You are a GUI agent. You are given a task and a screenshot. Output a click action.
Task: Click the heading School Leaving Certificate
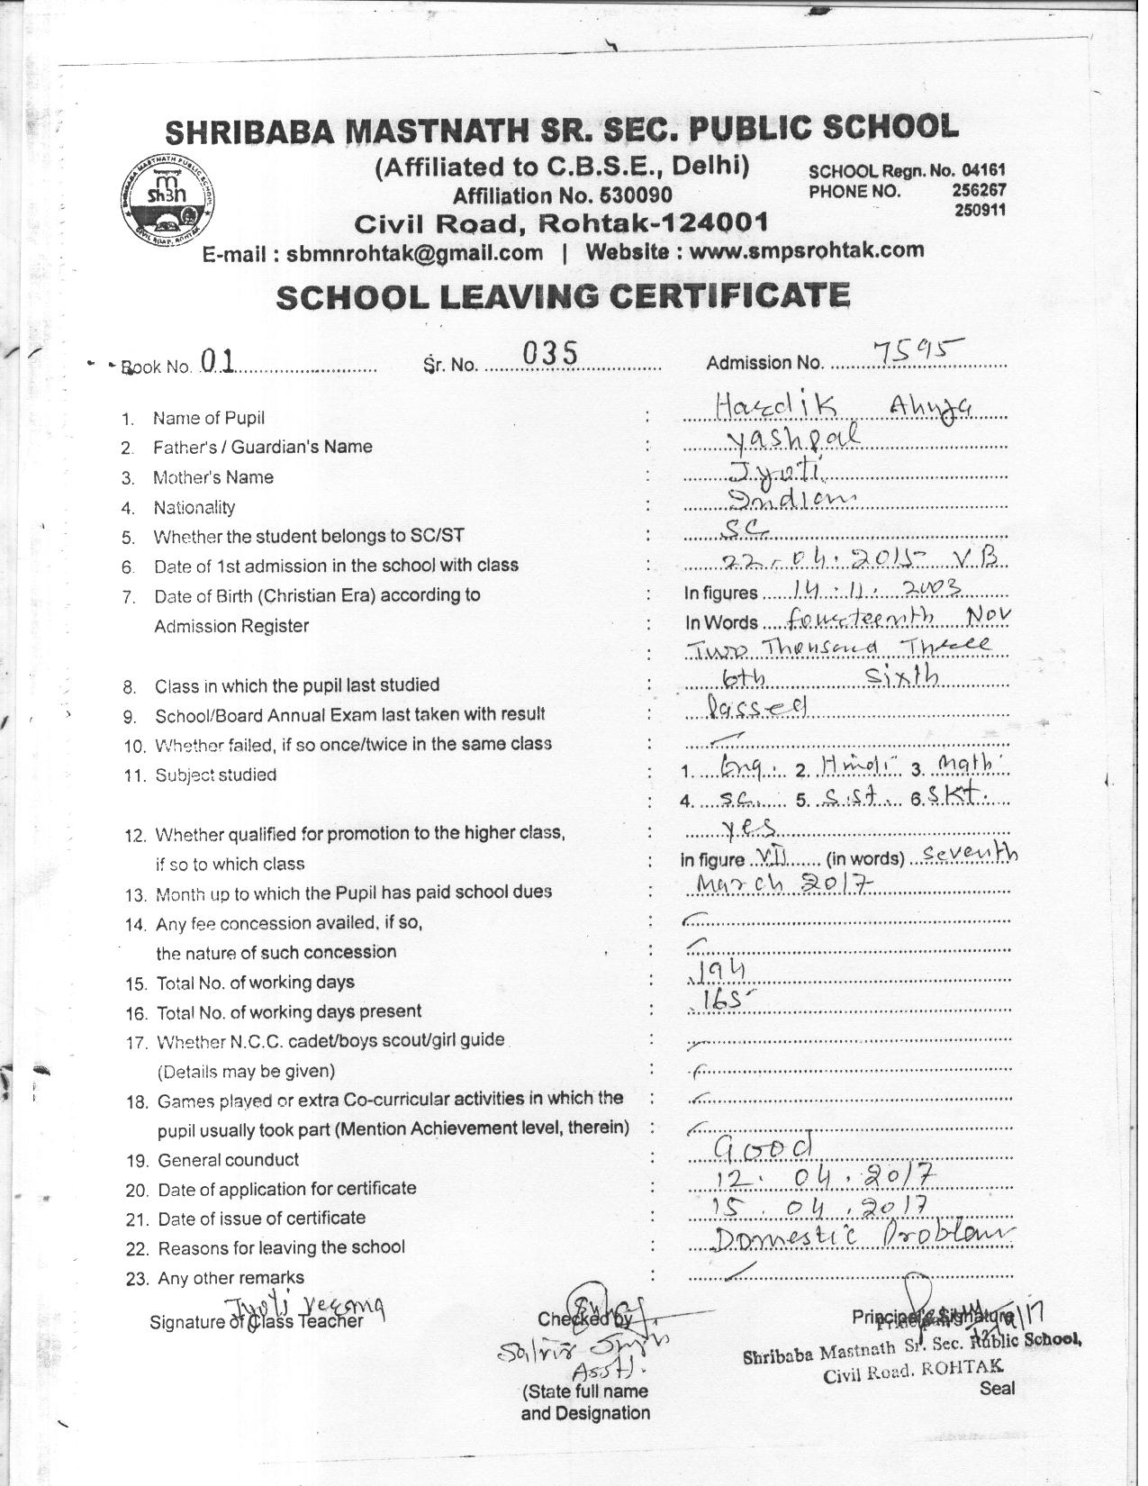563,295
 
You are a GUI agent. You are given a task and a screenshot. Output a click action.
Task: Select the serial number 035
549,354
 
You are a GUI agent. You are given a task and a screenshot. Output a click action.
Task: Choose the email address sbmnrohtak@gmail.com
414,253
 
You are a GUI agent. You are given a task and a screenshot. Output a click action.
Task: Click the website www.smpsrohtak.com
806,249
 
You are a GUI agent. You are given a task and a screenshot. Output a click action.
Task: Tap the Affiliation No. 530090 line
562,195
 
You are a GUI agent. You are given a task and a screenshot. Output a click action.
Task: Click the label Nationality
194,507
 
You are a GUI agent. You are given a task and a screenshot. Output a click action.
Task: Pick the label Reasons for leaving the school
281,1248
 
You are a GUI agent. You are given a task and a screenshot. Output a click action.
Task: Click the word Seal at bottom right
997,1388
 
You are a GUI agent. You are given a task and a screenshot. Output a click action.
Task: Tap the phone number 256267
979,191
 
